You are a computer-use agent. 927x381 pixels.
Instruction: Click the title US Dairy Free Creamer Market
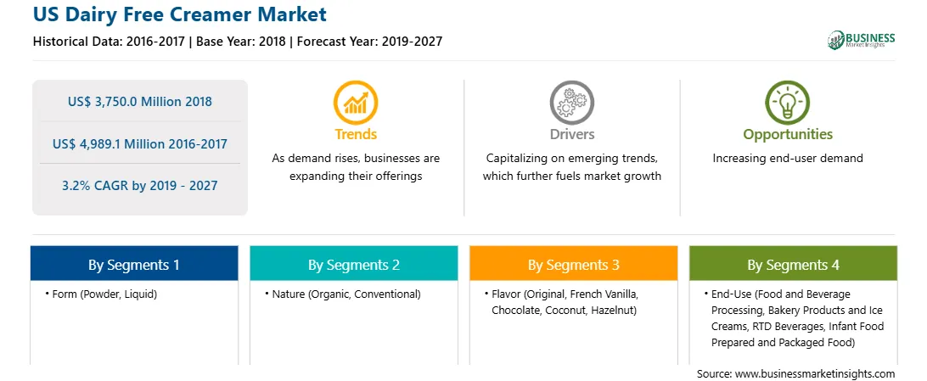click(x=179, y=14)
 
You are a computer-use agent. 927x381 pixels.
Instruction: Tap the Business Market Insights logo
click(x=861, y=40)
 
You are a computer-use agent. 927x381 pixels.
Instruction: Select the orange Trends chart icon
click(x=356, y=102)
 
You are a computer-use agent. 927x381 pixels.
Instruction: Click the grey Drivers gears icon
click(x=571, y=102)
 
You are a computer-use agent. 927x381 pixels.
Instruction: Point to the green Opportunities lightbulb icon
click(x=788, y=102)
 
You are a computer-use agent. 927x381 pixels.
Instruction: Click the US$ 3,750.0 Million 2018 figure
click(x=140, y=102)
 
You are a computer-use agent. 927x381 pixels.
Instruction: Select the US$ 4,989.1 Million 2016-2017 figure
click(x=140, y=143)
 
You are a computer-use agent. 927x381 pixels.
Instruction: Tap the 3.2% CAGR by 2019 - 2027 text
click(x=140, y=186)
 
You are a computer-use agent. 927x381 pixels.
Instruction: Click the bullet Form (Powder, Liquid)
click(x=100, y=294)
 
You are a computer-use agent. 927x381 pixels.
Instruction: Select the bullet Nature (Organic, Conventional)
click(x=342, y=294)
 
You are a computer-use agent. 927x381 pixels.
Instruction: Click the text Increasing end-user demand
click(x=788, y=159)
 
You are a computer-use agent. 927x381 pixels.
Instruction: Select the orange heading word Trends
click(x=356, y=135)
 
